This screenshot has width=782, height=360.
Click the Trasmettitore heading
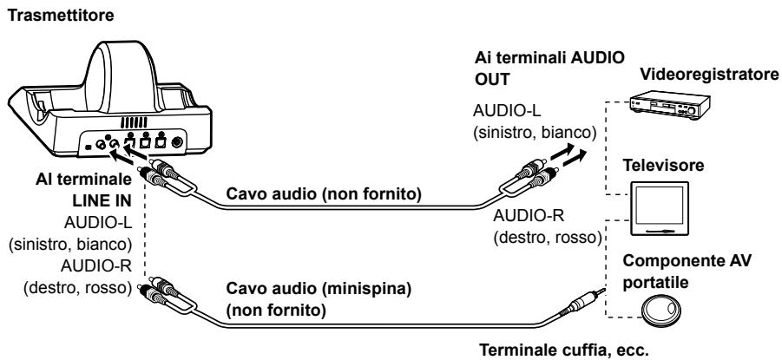(x=61, y=16)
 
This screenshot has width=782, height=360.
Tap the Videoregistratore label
(x=709, y=75)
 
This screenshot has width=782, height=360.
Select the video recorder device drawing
(x=669, y=106)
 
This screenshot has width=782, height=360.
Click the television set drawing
(x=660, y=208)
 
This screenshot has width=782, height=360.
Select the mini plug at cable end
(x=582, y=303)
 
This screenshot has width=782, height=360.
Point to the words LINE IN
(x=102, y=200)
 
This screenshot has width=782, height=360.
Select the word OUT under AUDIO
(x=492, y=80)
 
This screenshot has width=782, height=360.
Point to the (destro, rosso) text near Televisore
(x=548, y=238)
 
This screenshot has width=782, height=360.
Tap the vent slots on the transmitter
(x=134, y=122)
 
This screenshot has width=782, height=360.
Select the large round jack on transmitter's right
(x=176, y=142)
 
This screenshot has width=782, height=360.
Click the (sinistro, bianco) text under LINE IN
(x=70, y=245)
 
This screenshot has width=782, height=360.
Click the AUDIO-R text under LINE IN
(x=95, y=266)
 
